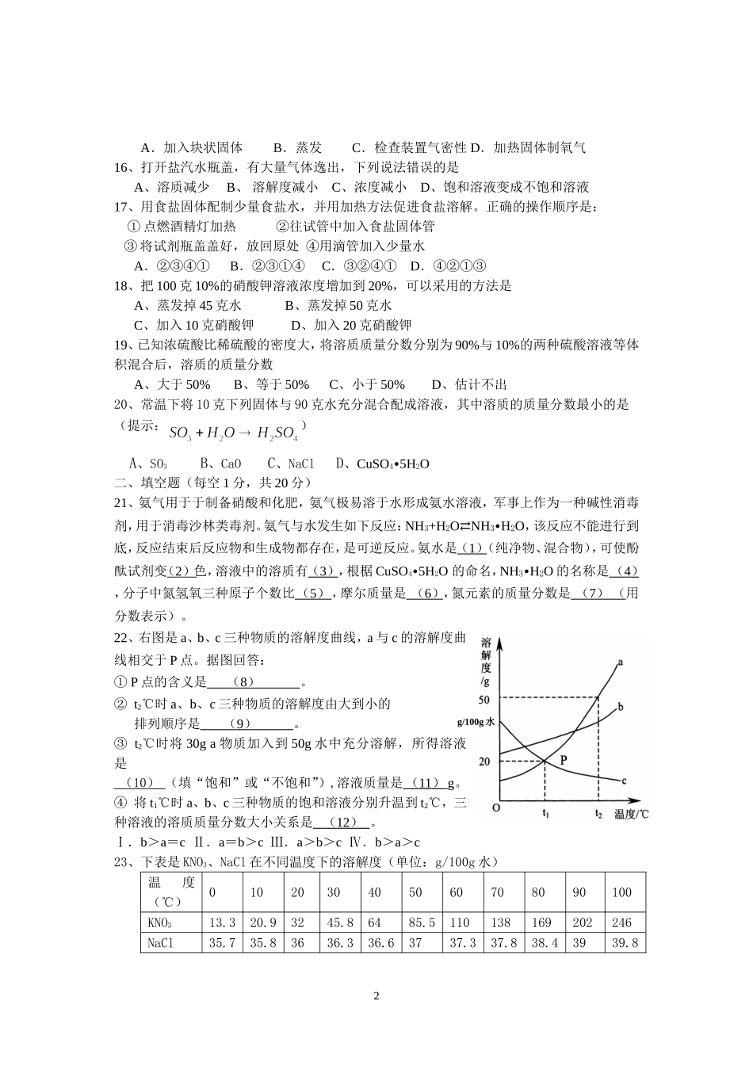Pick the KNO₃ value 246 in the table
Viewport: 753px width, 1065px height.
point(621,922)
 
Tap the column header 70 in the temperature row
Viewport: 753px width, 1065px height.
point(497,892)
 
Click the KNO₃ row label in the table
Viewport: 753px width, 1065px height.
point(160,922)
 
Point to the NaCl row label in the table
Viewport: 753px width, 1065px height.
point(160,943)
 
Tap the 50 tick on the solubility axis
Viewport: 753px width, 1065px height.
point(484,699)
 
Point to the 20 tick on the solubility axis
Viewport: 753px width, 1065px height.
point(484,762)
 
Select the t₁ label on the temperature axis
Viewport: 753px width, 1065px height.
point(545,813)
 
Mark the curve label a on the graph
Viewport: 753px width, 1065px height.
point(619,661)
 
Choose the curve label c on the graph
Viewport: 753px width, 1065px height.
point(624,781)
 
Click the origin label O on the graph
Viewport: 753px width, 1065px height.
point(495,808)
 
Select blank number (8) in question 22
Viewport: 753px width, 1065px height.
point(243,682)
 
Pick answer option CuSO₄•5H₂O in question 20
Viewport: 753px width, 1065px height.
point(392,464)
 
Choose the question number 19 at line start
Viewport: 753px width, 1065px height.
point(122,345)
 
